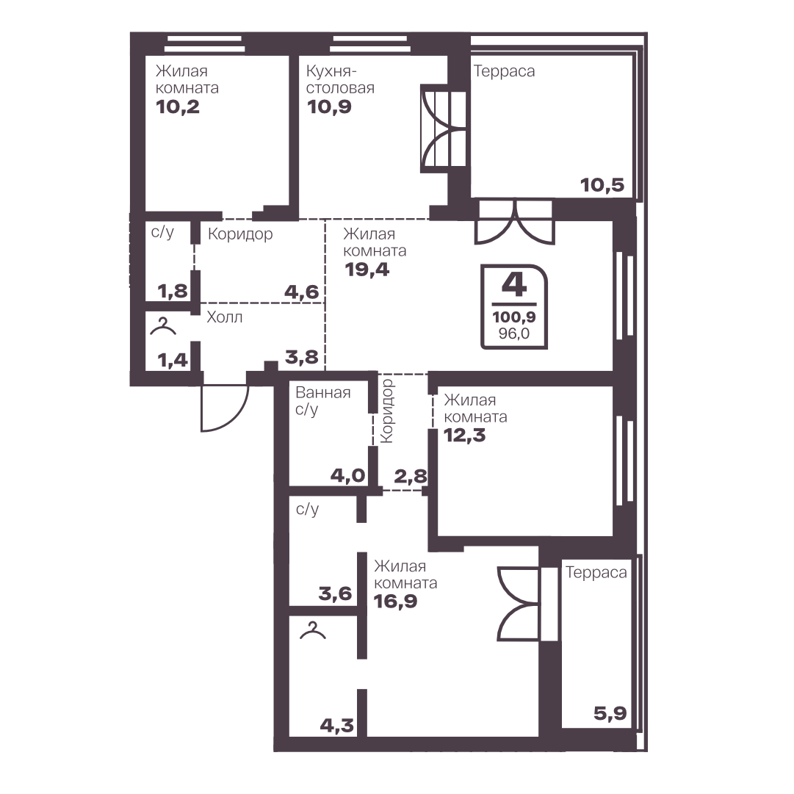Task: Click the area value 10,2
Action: point(178,107)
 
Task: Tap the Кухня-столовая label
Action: point(340,79)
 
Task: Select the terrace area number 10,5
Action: point(602,185)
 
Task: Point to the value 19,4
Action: point(367,270)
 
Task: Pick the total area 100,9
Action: point(514,317)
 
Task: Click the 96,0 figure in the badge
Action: point(514,333)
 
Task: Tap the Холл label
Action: point(224,317)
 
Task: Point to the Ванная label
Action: point(323,392)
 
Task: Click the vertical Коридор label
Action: point(387,411)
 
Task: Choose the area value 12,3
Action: point(464,435)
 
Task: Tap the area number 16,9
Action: point(395,601)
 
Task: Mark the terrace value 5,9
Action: point(610,713)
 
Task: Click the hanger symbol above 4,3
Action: point(313,630)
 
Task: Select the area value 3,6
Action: point(335,593)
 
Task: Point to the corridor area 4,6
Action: point(301,292)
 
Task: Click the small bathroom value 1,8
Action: point(173,291)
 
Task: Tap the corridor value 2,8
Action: point(411,476)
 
